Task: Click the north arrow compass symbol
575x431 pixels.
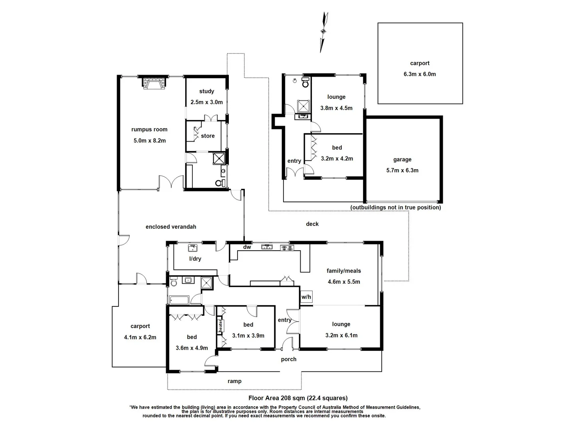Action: click(x=324, y=32)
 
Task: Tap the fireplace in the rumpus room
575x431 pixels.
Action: click(x=154, y=83)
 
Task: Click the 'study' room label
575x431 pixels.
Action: click(x=206, y=91)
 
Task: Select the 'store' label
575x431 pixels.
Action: click(x=208, y=136)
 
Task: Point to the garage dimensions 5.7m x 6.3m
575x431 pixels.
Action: click(x=402, y=170)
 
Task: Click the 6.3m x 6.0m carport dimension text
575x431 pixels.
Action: click(x=420, y=74)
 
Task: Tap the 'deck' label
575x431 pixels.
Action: click(x=312, y=224)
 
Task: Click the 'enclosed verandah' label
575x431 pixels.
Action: click(x=171, y=227)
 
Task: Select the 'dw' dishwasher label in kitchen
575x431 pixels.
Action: click(x=247, y=247)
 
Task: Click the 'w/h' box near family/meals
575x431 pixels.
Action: click(x=306, y=297)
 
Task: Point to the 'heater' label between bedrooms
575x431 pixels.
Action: click(x=220, y=325)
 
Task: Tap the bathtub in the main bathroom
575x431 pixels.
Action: click(x=179, y=300)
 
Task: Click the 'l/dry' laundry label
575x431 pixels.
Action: click(x=195, y=259)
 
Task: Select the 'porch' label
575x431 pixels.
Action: click(x=289, y=360)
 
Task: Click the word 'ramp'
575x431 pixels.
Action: click(x=234, y=382)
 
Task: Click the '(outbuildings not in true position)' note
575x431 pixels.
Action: click(x=396, y=208)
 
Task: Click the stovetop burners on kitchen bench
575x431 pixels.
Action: click(x=287, y=247)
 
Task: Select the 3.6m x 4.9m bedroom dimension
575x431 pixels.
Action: click(x=192, y=348)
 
